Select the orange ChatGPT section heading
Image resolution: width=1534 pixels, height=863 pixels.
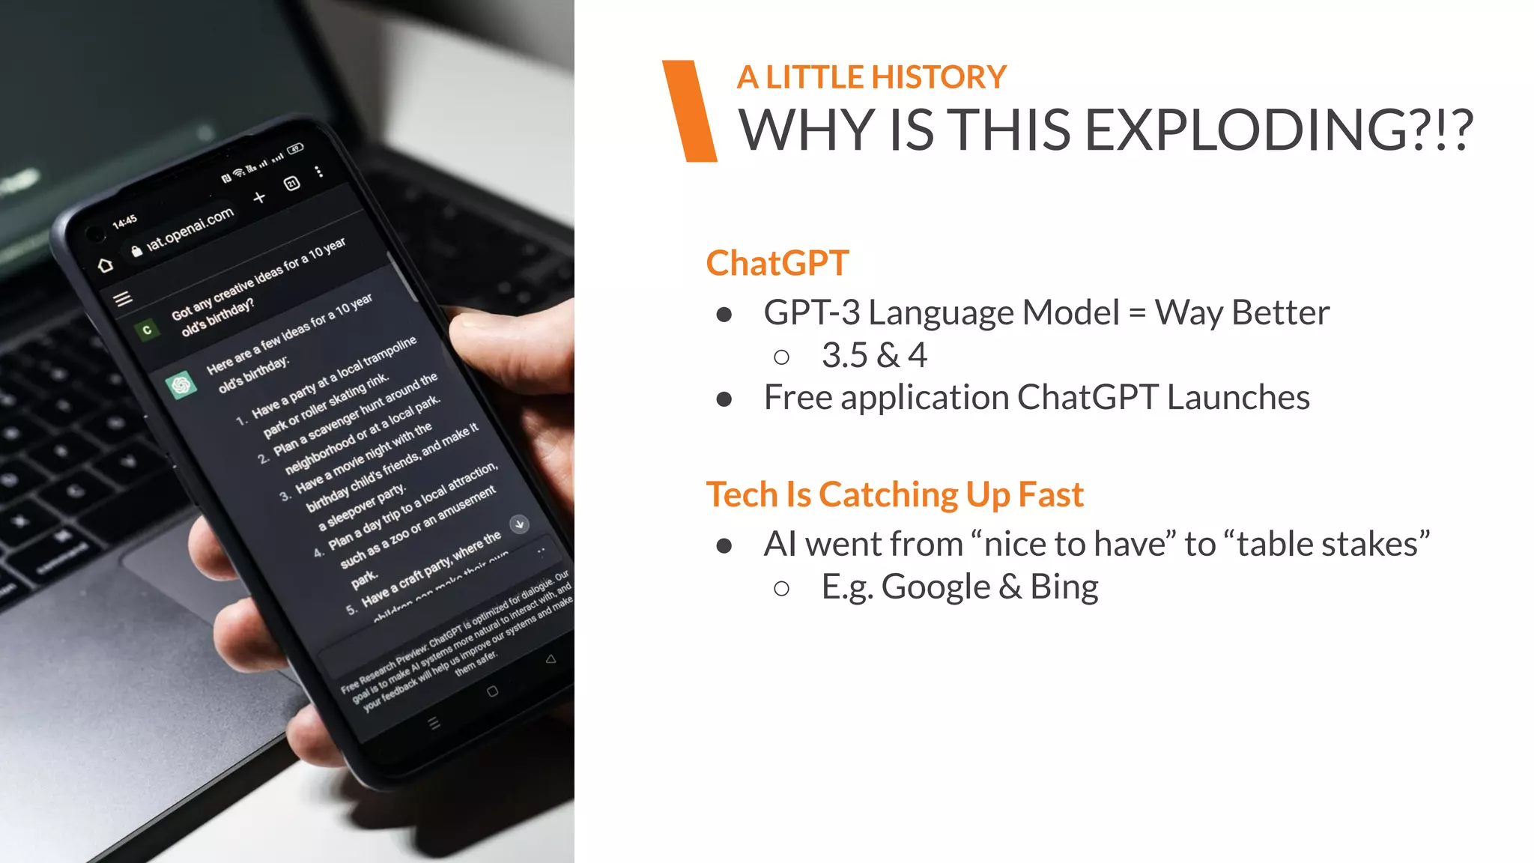click(x=777, y=264)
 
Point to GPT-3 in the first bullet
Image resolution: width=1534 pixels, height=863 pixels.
click(x=811, y=312)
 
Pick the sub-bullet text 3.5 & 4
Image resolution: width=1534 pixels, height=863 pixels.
click(x=874, y=355)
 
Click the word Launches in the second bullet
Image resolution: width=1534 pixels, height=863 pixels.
click(x=1238, y=397)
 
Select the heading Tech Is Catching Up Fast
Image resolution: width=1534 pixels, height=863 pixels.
click(x=894, y=494)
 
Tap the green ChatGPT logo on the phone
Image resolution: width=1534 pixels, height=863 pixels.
click(x=181, y=385)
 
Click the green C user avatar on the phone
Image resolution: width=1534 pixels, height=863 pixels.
click(x=147, y=330)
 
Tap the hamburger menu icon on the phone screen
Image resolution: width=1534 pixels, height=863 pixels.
click(x=123, y=299)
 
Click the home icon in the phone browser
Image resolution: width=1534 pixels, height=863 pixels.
click(x=106, y=264)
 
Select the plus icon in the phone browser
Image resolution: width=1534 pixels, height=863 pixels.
click(x=259, y=198)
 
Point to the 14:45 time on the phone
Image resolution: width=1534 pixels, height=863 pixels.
click(x=124, y=221)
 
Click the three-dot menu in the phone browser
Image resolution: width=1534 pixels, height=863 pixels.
click(x=319, y=172)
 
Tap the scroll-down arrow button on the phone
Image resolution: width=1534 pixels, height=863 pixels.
click(x=519, y=524)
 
